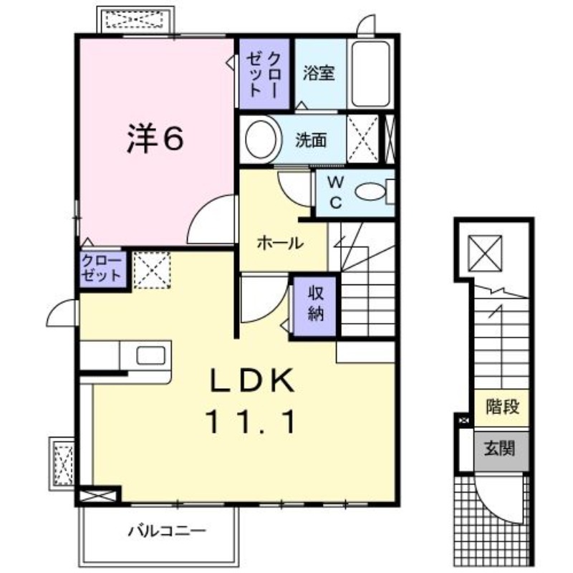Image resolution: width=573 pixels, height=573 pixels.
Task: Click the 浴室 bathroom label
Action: pos(318,74)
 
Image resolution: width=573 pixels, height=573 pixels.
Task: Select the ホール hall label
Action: pos(279,243)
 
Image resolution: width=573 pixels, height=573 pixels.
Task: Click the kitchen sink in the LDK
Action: pos(151,355)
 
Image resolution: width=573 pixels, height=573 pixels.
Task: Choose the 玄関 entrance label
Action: pos(500,451)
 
